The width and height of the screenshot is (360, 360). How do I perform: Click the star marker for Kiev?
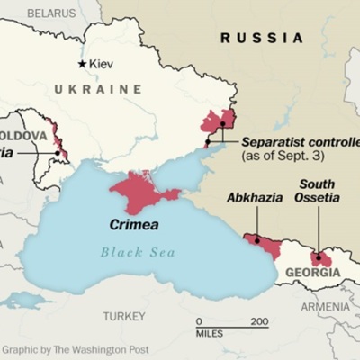(83, 64)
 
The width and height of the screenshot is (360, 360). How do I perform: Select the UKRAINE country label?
(98, 89)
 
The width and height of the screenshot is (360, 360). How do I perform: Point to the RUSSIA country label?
(262, 38)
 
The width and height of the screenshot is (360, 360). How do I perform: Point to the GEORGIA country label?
(312, 272)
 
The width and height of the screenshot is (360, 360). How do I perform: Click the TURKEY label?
(124, 316)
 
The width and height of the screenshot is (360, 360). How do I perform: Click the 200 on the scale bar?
(259, 321)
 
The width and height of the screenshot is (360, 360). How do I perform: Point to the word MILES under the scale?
(210, 334)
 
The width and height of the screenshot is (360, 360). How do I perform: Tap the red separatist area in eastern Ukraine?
(219, 121)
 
